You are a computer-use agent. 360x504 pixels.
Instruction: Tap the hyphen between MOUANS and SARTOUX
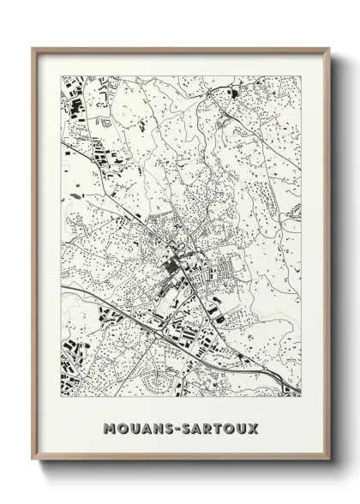point(177,426)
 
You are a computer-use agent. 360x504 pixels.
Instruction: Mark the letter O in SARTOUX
point(231,426)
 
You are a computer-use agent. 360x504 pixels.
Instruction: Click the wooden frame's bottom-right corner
point(328,460)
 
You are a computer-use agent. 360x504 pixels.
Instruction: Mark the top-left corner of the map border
point(62,76)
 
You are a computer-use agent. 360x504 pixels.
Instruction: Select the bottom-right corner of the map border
point(301,396)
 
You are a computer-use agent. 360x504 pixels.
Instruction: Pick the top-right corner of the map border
point(301,76)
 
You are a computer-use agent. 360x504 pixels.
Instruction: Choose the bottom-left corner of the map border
point(62,396)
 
